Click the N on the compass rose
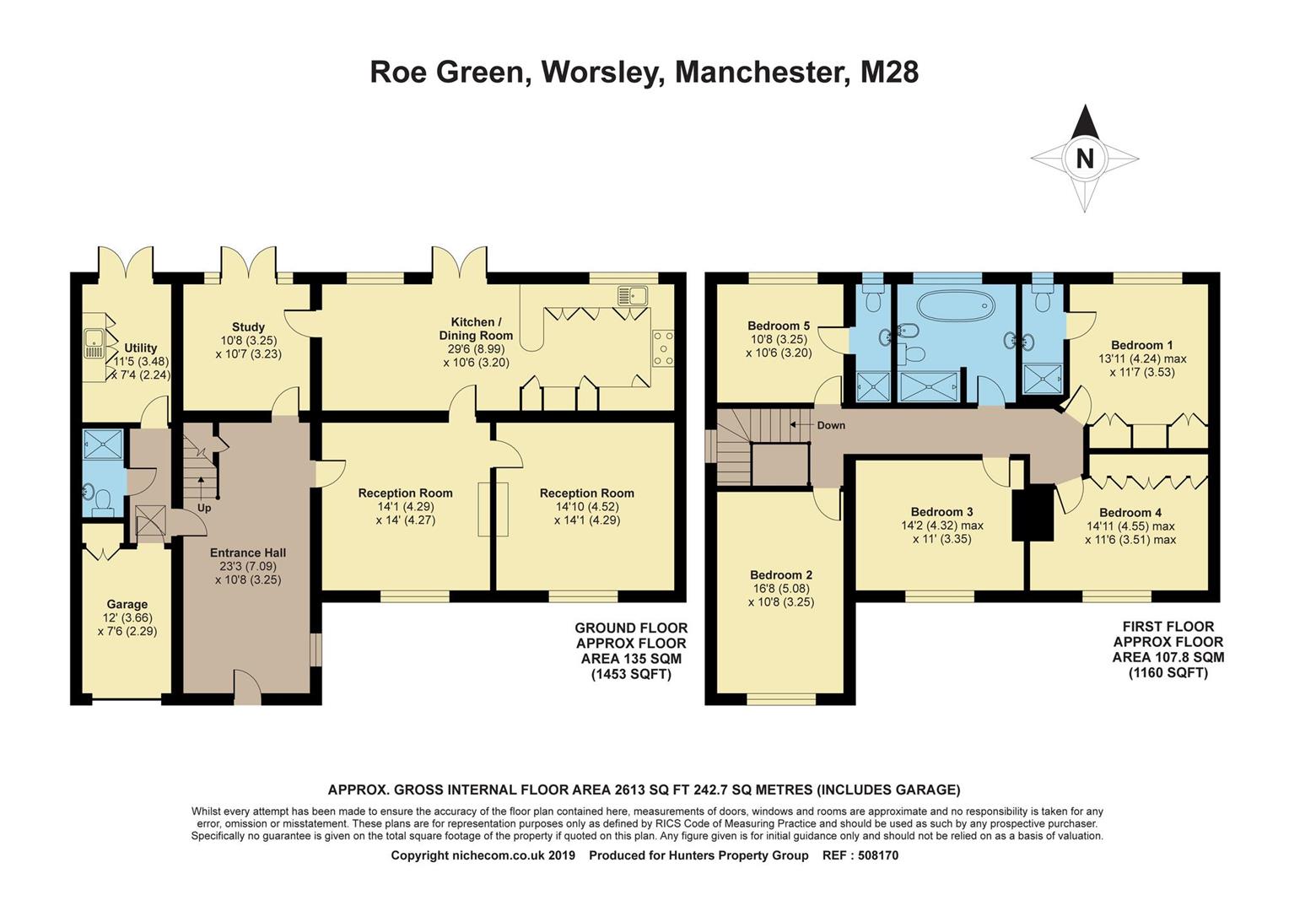pyautogui.click(x=1084, y=159)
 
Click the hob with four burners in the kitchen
pyautogui.click(x=663, y=348)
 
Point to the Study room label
pyautogui.click(x=248, y=326)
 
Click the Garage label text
pyautogui.click(x=127, y=604)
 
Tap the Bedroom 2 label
pyautogui.click(x=780, y=575)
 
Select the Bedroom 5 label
pyautogui.click(x=778, y=326)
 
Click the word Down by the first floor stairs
pyautogui.click(x=830, y=425)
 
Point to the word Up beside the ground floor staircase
pyautogui.click(x=204, y=508)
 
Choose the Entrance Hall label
pyautogui.click(x=247, y=553)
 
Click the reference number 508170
pyautogui.click(x=878, y=855)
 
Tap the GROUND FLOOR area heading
pyautogui.click(x=630, y=628)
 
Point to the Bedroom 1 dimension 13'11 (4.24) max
pyautogui.click(x=1141, y=358)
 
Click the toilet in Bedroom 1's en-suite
pyautogui.click(x=1043, y=297)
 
